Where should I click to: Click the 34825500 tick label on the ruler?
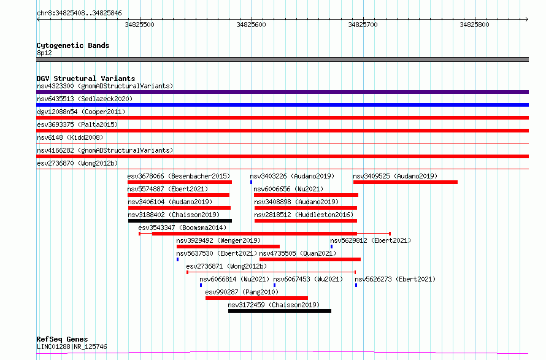139,25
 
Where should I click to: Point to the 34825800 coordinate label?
474,25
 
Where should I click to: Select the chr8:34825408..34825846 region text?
79,13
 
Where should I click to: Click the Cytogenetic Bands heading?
73,45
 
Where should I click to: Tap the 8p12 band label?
44,53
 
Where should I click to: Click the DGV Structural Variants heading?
86,79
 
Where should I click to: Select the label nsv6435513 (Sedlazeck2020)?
85,99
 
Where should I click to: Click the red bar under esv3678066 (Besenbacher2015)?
180,182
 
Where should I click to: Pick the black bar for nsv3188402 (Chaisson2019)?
180,221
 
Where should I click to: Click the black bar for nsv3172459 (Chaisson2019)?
280,311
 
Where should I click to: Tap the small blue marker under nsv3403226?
251,182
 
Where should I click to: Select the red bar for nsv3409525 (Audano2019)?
406,182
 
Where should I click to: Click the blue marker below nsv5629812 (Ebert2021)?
331,247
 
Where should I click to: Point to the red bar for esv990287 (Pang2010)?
256,298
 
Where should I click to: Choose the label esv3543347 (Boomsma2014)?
182,228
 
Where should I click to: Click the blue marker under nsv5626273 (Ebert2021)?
356,285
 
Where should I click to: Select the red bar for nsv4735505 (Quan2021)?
310,259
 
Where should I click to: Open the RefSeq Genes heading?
63,339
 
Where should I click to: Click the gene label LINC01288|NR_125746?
72,347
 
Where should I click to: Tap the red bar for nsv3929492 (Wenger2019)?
228,247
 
